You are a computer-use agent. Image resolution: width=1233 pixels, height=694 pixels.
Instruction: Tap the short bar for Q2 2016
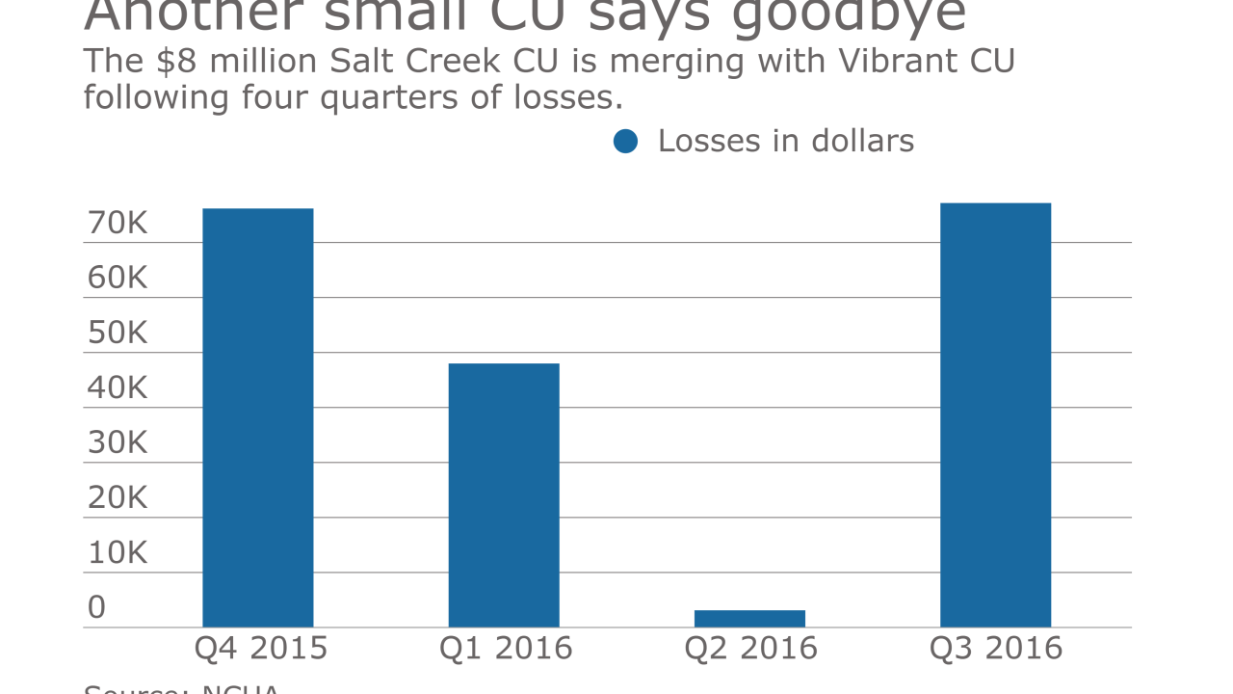coord(749,618)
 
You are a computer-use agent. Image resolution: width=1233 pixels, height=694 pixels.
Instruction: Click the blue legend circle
coord(626,142)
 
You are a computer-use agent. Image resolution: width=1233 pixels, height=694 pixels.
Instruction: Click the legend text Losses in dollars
coord(785,141)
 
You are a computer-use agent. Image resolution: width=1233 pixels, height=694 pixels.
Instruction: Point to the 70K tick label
coord(118,224)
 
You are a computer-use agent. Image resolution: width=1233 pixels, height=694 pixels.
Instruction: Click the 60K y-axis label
coord(118,279)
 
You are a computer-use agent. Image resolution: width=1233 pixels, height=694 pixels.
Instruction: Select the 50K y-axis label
coord(118,334)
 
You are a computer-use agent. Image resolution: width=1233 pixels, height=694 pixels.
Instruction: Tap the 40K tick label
coord(118,388)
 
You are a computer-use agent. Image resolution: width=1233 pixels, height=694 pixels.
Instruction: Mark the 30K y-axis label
coord(118,443)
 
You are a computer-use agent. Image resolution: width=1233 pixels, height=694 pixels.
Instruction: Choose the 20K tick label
coord(118,498)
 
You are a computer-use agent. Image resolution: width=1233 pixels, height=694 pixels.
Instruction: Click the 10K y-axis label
coord(118,553)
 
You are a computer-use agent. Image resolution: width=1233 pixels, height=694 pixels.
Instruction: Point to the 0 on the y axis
coord(96,608)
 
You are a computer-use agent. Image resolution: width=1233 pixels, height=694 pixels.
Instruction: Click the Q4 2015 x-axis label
coord(260,649)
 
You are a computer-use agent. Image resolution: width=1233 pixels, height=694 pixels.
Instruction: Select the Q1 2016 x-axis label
coord(506,649)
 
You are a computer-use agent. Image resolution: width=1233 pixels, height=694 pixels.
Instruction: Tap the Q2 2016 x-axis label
coord(750,649)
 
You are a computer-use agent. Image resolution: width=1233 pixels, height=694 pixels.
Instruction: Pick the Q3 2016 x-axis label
coord(996,649)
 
